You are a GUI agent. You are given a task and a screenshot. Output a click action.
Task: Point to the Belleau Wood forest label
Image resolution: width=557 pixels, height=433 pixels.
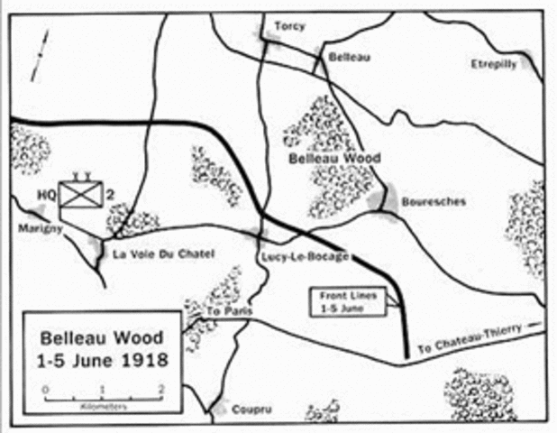pyautogui.click(x=334, y=159)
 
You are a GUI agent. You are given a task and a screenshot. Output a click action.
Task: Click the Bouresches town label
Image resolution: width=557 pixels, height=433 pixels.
pyautogui.click(x=436, y=201)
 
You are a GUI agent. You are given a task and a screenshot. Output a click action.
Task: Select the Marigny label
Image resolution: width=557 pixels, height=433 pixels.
pyautogui.click(x=38, y=229)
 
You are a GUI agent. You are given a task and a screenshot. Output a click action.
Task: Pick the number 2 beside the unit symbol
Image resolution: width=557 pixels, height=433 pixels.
pyautogui.click(x=110, y=195)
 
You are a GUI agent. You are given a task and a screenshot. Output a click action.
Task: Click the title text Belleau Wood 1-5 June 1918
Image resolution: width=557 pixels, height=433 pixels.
pyautogui.click(x=102, y=351)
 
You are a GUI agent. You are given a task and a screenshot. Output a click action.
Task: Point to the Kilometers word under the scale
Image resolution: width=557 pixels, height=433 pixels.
pyautogui.click(x=103, y=408)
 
